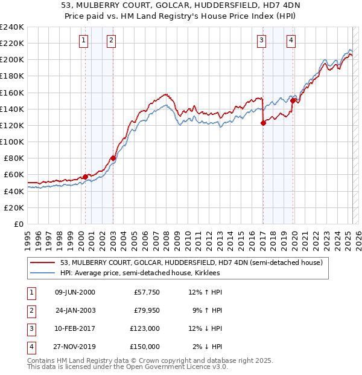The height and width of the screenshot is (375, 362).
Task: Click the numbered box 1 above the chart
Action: [83, 41]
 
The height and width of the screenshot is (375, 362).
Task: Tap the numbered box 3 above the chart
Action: [261, 41]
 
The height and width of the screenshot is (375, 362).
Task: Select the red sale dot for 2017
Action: [263, 123]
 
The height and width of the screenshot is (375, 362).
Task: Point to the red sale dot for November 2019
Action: [293, 101]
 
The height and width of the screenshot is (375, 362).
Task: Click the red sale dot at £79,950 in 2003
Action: [113, 158]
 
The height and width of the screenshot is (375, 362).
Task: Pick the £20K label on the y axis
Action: [14, 207]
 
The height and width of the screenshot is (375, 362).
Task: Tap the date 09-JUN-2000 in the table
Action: [75, 292]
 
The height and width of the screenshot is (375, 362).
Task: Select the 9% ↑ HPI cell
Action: [206, 310]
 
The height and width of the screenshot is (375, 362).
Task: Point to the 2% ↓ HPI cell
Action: [206, 347]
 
